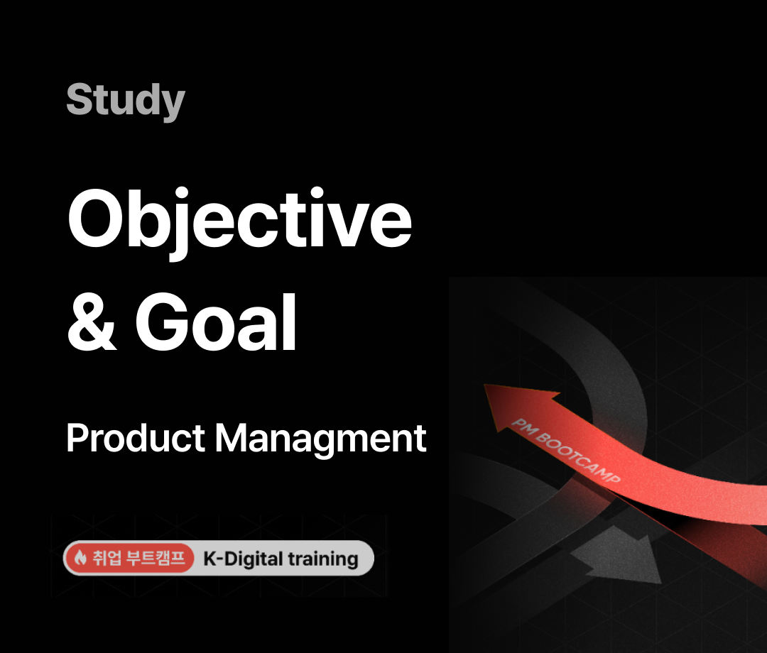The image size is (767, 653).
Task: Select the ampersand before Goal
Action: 92,322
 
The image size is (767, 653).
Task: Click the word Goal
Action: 216,322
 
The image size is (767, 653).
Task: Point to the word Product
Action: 136,438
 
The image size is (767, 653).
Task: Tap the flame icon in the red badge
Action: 80,557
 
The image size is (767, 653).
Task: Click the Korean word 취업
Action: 107,557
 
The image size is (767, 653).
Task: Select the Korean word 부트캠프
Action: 156,557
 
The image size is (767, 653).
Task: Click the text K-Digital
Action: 243,559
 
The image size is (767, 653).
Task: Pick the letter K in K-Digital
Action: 210,559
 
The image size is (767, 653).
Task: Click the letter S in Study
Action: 80,99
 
